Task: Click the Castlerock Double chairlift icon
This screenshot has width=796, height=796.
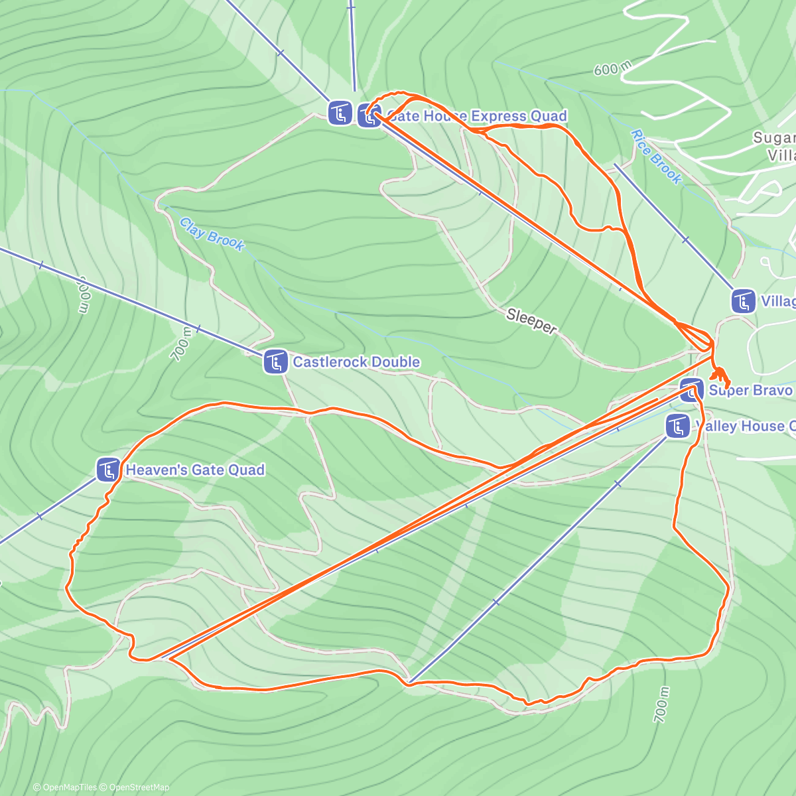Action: (x=275, y=362)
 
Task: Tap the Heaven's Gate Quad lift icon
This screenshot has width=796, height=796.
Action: (x=107, y=470)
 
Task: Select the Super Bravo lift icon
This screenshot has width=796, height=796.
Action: (x=691, y=390)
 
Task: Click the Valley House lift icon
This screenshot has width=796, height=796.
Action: (x=677, y=426)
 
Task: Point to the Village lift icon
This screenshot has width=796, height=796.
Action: (x=743, y=301)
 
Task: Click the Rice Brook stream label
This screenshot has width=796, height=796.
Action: (x=656, y=157)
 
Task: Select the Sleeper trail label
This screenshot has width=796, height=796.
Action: (x=531, y=321)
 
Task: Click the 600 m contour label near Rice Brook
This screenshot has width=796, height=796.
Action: (x=612, y=68)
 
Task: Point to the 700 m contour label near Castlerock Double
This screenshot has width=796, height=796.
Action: (x=180, y=344)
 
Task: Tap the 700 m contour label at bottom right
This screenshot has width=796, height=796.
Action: (x=661, y=704)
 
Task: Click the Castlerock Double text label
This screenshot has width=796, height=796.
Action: (x=356, y=362)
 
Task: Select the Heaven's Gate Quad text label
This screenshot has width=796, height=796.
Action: (x=195, y=470)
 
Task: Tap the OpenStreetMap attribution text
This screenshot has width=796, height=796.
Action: (x=139, y=787)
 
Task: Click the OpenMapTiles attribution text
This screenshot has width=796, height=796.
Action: (x=69, y=787)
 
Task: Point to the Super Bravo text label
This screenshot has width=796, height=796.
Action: (x=750, y=390)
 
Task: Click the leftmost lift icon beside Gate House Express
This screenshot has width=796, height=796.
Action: (x=340, y=112)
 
